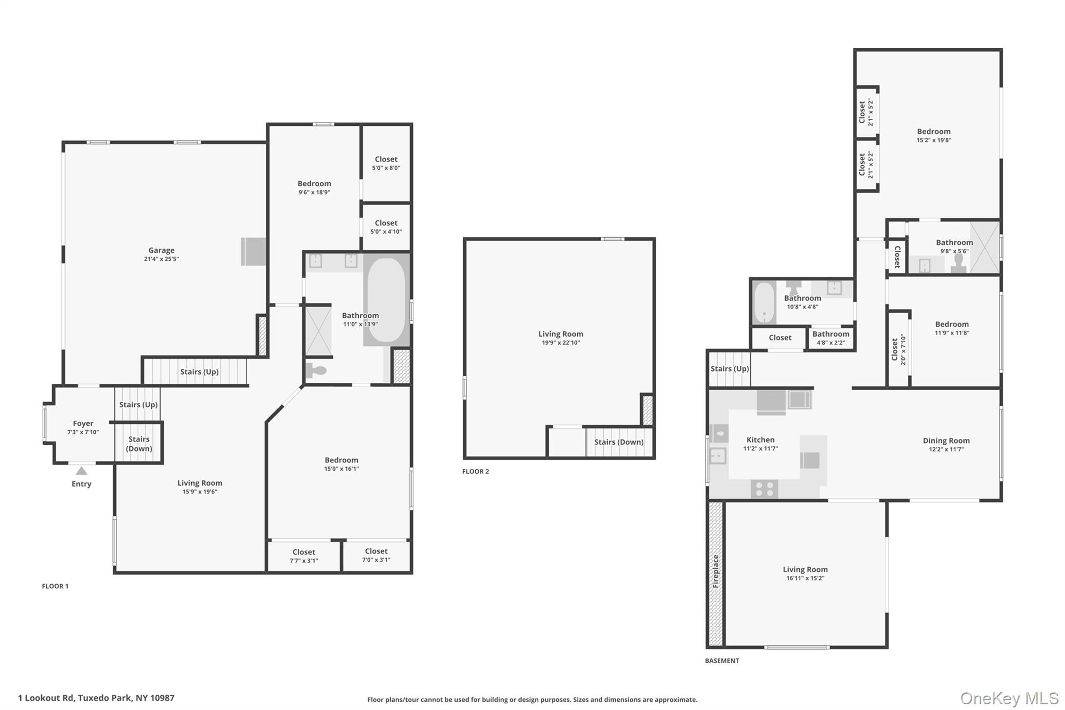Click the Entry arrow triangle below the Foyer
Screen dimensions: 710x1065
(x=82, y=471)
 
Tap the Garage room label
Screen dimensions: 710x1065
(x=161, y=250)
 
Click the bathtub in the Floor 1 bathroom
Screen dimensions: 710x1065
(x=386, y=301)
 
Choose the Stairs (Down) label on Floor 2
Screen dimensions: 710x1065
(x=619, y=442)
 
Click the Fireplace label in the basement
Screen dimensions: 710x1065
(x=716, y=571)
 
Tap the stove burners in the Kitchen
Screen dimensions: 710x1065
(x=764, y=489)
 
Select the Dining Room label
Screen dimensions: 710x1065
(x=946, y=441)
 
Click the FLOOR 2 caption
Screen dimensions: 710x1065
(x=475, y=471)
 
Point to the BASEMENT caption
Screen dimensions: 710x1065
(x=722, y=661)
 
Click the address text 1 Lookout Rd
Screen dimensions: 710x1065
(x=96, y=698)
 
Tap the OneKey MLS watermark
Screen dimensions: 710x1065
(x=1009, y=698)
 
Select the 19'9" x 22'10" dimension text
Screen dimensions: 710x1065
(x=561, y=343)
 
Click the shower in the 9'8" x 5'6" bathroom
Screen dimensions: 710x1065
(x=984, y=247)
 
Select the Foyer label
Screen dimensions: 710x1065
(x=83, y=423)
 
